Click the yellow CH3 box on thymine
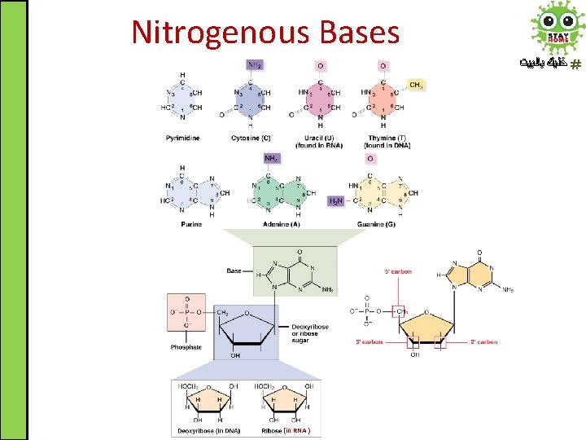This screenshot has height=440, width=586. pos(415,85)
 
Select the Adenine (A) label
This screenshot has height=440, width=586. pos(282,224)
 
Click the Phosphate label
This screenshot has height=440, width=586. pos(186,347)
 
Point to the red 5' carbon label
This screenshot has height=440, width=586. pos(397,271)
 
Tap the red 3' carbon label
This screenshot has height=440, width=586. pos(369,342)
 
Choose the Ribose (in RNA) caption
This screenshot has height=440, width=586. pos(286,430)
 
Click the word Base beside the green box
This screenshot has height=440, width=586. pos(234,271)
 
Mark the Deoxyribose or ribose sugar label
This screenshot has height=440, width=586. pos(310,332)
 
